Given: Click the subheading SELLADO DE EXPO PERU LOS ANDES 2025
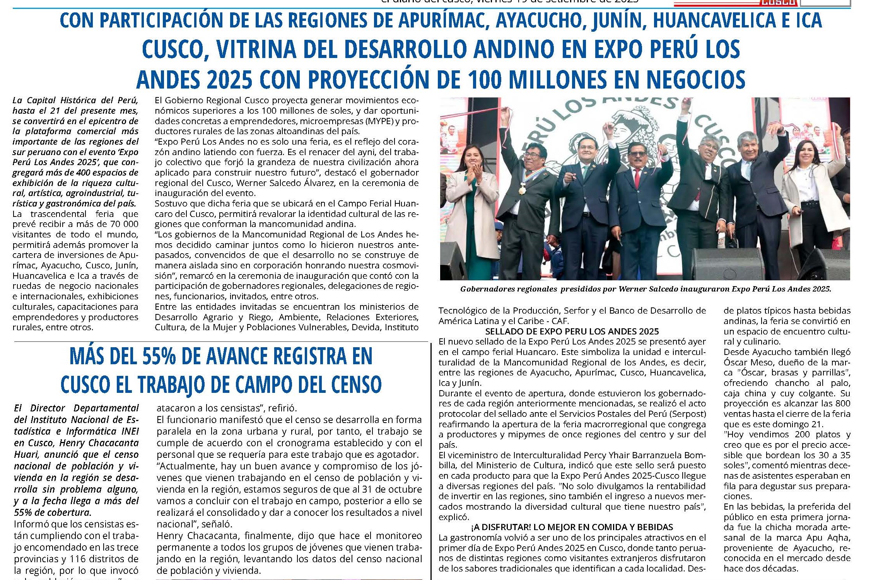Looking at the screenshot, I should coord(572,331).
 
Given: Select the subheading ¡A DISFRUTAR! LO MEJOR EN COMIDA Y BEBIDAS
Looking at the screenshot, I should coord(572,527).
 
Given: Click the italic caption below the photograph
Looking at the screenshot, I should coord(645,289).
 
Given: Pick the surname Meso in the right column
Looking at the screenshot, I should coord(755,362).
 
